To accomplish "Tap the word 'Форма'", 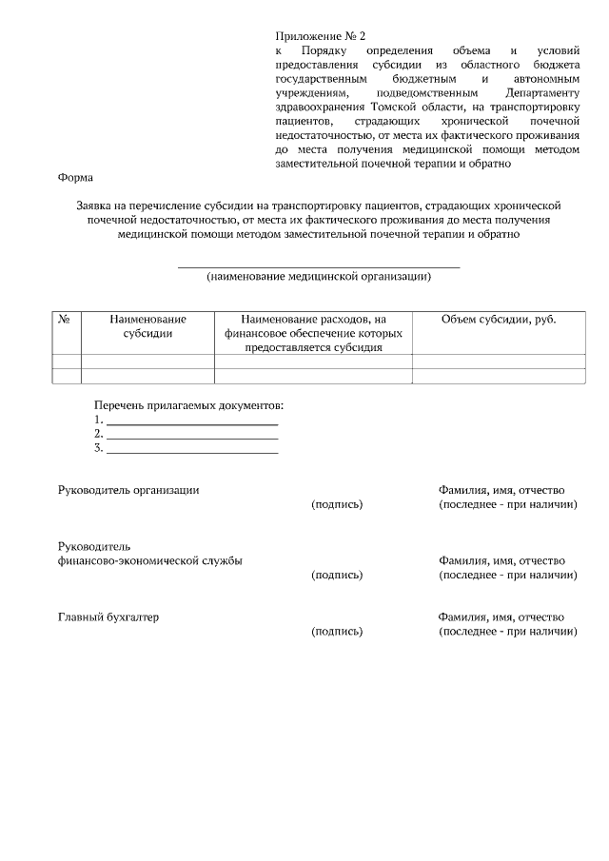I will coord(76,177).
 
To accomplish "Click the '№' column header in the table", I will coord(66,320).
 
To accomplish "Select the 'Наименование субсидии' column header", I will coord(147,326).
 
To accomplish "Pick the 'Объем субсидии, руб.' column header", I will coord(499,320).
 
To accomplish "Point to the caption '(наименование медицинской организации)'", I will coord(319,277).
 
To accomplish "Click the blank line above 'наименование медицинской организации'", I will coord(319,267).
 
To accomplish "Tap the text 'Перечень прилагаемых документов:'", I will coord(189,406).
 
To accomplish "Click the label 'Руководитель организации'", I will coord(128,490).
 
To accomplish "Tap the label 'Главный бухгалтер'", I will coord(108,617).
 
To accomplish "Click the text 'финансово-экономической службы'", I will coord(150,561).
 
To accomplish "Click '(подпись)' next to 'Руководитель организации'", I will coord(337,504).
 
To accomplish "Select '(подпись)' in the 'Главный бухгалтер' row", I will coord(337,632).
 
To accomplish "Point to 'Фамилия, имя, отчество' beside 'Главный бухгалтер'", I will coord(501,617).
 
